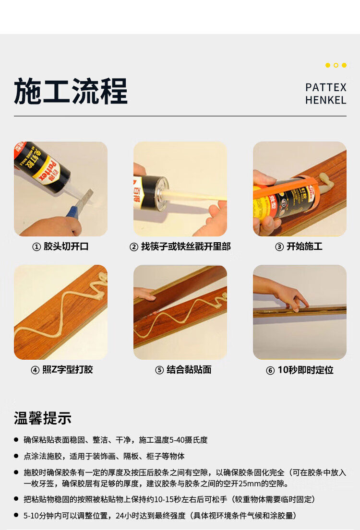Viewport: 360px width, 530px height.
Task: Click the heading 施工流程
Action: (x=71, y=91)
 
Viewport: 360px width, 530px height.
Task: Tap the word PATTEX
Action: (x=326, y=88)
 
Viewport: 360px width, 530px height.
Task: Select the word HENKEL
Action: (x=326, y=100)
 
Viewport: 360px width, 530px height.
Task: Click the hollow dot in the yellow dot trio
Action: (x=336, y=65)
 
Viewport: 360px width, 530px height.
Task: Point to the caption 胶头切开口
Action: (x=66, y=247)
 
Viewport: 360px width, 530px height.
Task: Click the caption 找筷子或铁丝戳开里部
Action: (x=186, y=247)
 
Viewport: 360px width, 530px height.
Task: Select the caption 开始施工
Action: (x=304, y=247)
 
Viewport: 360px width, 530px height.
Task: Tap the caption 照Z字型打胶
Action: (x=67, y=369)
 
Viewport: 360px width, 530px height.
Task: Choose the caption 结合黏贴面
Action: (x=189, y=369)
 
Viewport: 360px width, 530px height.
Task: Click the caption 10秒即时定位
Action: (x=306, y=370)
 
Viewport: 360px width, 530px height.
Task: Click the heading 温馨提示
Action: (x=43, y=418)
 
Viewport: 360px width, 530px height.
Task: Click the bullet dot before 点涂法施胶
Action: (x=16, y=456)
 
